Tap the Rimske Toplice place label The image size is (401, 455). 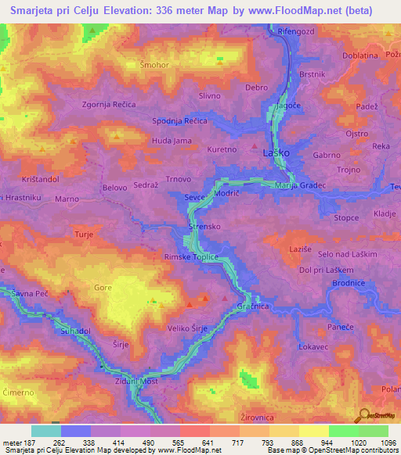click(x=190, y=256)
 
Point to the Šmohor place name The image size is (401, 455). click(x=154, y=64)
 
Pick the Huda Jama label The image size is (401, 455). click(x=172, y=141)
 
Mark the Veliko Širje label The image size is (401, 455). click(x=187, y=329)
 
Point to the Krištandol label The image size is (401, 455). click(x=31, y=180)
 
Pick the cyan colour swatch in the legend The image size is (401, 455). click(x=45, y=431)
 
